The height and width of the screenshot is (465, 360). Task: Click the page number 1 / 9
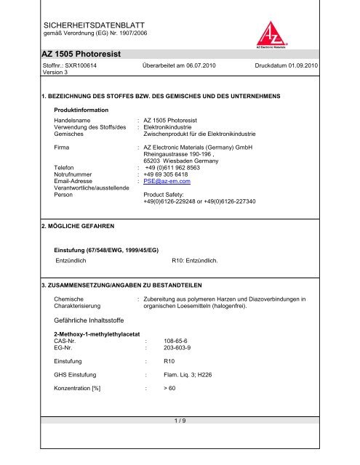click(180, 445)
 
